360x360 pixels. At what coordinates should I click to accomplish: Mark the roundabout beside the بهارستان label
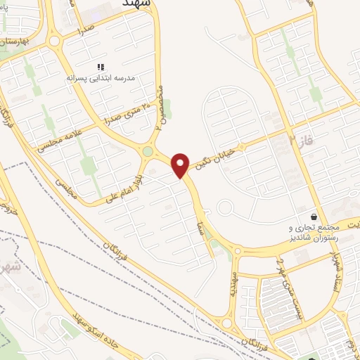click(x=54, y=41)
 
